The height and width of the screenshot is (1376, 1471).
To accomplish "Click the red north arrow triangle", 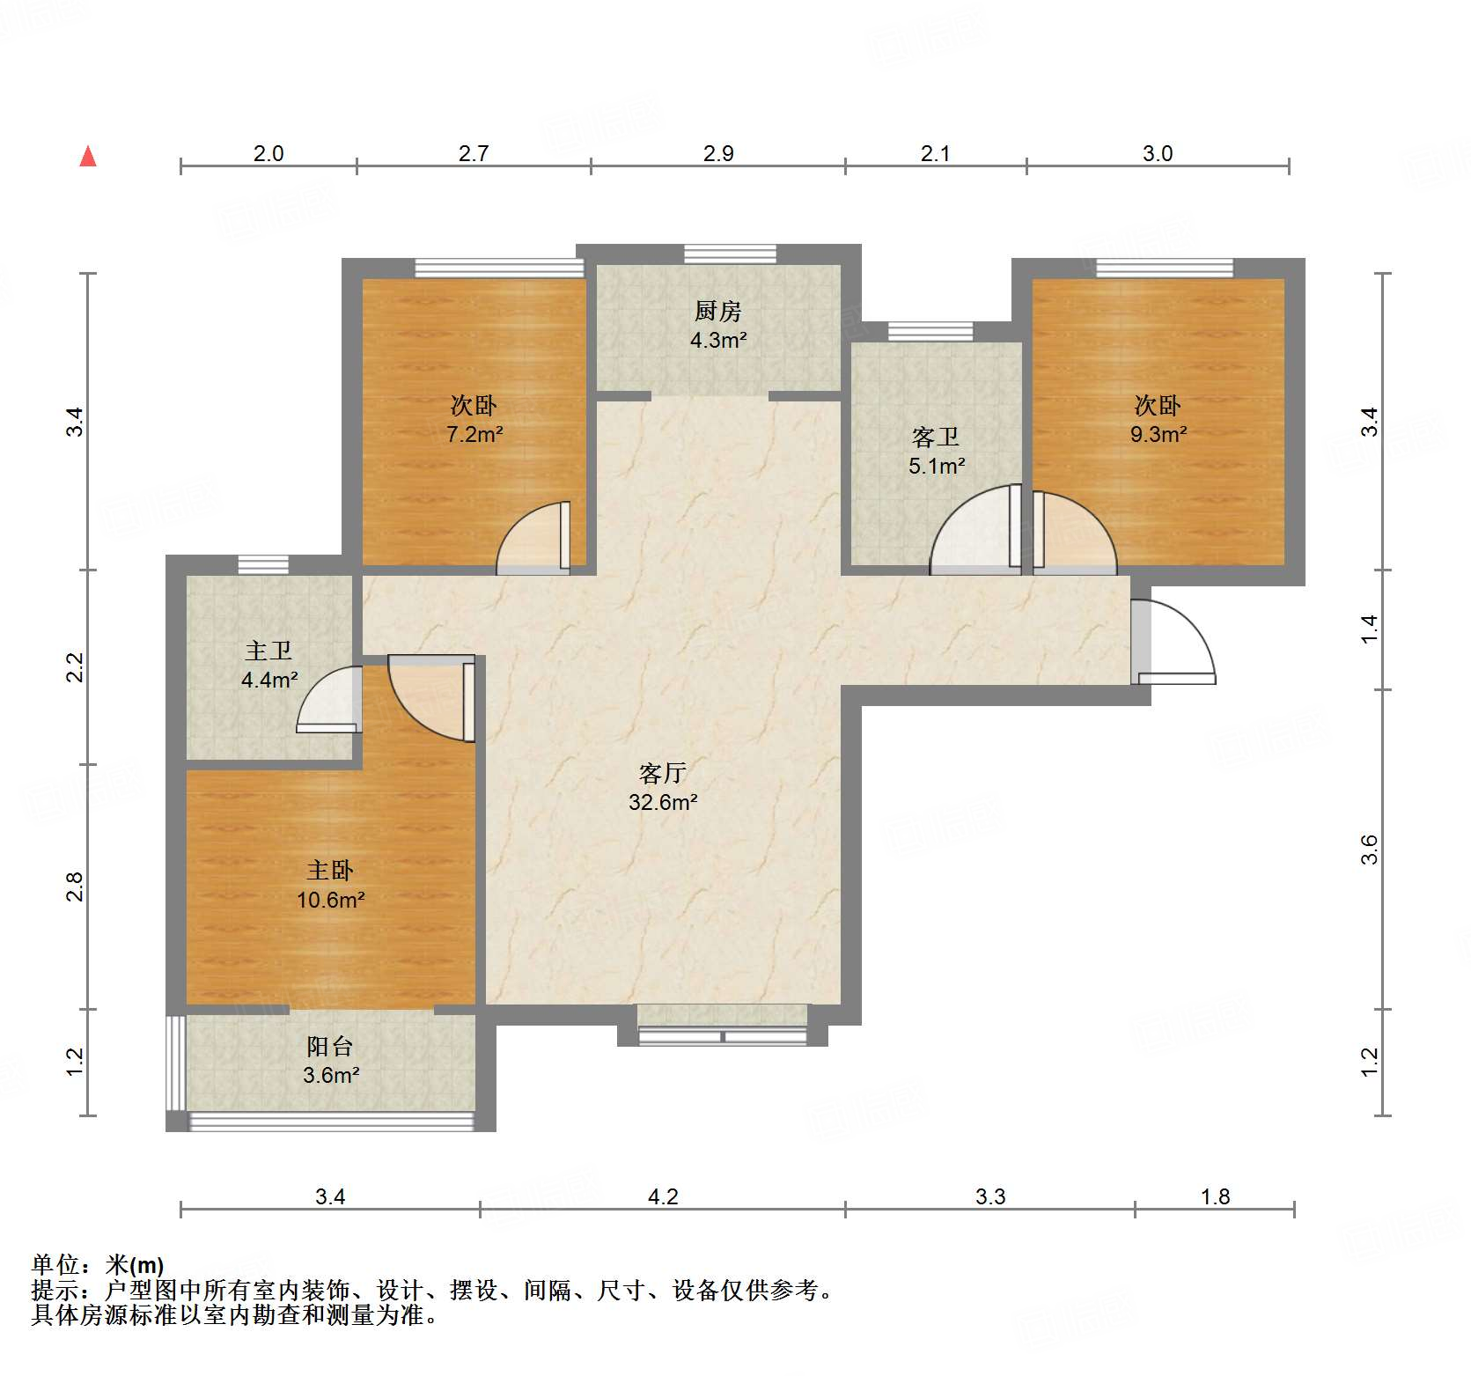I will [88, 157].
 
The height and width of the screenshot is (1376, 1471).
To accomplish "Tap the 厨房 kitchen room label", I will [717, 311].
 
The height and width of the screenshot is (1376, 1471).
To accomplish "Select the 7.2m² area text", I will [474, 434].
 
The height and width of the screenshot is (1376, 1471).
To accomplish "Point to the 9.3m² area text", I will [1158, 434].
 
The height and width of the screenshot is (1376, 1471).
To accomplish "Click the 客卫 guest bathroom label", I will [936, 437].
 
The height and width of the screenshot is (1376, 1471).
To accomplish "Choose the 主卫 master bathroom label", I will [268, 651].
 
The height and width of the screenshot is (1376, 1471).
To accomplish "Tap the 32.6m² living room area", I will [663, 802].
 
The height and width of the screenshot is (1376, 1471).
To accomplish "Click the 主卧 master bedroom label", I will [330, 871].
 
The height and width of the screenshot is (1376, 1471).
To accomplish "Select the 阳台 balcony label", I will [330, 1046].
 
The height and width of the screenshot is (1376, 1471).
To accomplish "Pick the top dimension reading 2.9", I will [718, 153].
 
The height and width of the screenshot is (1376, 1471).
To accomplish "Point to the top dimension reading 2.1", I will [935, 153].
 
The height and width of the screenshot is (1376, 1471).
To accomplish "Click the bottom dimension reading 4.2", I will [663, 1196].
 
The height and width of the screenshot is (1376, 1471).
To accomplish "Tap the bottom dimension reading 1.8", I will [1215, 1196].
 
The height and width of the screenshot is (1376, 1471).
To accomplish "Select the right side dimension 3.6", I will [1370, 850].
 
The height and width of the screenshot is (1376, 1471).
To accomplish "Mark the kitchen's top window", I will [731, 254].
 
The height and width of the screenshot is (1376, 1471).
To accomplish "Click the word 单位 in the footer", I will [55, 1265].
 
